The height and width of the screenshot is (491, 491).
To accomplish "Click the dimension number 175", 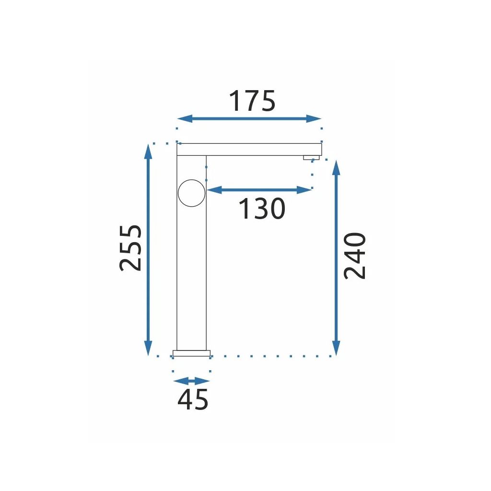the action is point(252,101).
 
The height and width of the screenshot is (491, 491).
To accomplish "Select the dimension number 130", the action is point(262,209).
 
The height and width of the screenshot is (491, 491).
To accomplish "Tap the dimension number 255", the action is point(130,248).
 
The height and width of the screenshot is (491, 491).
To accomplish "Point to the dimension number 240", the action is point(355,256).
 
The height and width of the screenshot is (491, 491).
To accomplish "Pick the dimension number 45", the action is point(193,399).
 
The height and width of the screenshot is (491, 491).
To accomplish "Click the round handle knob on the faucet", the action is point(192,193).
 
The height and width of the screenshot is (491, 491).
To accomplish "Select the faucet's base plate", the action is point(192,353).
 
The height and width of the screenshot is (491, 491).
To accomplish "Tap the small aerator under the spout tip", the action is point(311,157).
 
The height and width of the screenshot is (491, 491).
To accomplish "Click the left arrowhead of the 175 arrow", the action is point(185,119).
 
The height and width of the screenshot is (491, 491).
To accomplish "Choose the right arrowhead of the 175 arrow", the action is point(314,119).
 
